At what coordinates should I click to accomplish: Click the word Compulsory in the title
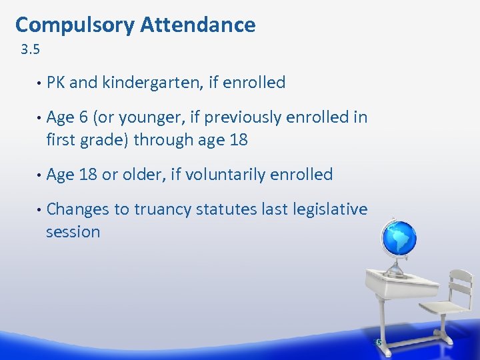75,25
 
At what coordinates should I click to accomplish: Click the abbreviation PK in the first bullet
56,83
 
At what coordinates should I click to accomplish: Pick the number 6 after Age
84,117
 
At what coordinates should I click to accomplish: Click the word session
73,232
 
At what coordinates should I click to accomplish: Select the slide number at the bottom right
378,342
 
